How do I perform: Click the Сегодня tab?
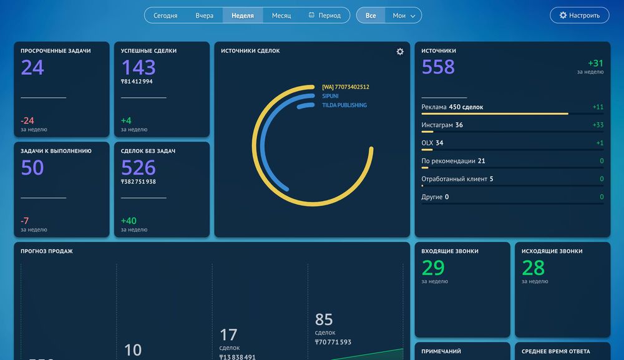[165, 16]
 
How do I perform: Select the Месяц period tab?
[281, 16]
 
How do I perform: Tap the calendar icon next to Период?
[311, 15]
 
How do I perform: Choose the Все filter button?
[371, 16]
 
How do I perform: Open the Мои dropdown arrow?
[413, 16]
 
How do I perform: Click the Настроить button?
[579, 16]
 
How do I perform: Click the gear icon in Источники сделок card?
[400, 52]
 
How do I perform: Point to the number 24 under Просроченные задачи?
[32, 67]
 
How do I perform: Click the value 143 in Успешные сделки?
[138, 67]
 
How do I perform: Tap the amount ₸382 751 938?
[138, 182]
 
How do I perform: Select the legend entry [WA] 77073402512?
[345, 87]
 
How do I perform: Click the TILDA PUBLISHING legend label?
[344, 105]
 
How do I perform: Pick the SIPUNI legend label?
[330, 96]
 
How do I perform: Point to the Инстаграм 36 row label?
[442, 125]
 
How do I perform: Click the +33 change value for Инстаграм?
[598, 125]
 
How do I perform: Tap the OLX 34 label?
[432, 143]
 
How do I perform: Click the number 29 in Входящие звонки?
[433, 268]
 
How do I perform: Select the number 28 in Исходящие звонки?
[534, 268]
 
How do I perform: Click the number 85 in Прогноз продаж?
[324, 319]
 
